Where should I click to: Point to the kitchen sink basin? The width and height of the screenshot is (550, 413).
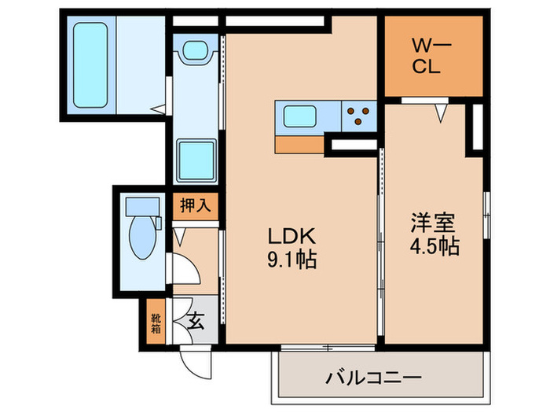[299, 117]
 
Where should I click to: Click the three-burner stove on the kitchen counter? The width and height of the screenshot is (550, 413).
[360, 116]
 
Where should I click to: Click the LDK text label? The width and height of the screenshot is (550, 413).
[293, 235]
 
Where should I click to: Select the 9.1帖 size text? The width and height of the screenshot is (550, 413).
[293, 259]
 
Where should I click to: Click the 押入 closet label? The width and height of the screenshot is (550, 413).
[195, 207]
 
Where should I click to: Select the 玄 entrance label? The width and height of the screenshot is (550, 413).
[195, 321]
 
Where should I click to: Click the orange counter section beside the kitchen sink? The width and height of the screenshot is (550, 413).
[299, 144]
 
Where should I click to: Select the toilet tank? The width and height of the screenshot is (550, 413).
[141, 206]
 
